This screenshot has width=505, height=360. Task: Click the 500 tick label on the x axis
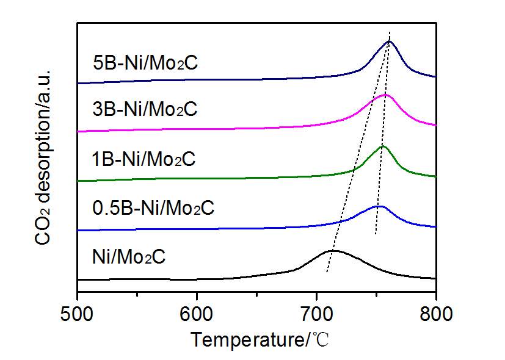[77, 314]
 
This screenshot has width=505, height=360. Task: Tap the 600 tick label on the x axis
[197, 314]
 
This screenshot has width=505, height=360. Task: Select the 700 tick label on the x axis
[316, 314]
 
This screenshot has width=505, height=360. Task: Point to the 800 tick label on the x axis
[436, 314]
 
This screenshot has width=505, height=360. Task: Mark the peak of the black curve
[332, 251]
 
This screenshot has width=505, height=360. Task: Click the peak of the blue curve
[379, 206]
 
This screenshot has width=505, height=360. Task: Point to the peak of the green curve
[383, 146]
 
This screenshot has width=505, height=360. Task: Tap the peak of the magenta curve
[384, 95]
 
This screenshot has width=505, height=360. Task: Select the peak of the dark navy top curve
[389, 41]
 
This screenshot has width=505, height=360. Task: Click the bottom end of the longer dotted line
[327, 273]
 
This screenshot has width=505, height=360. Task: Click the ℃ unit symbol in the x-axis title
[322, 339]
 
